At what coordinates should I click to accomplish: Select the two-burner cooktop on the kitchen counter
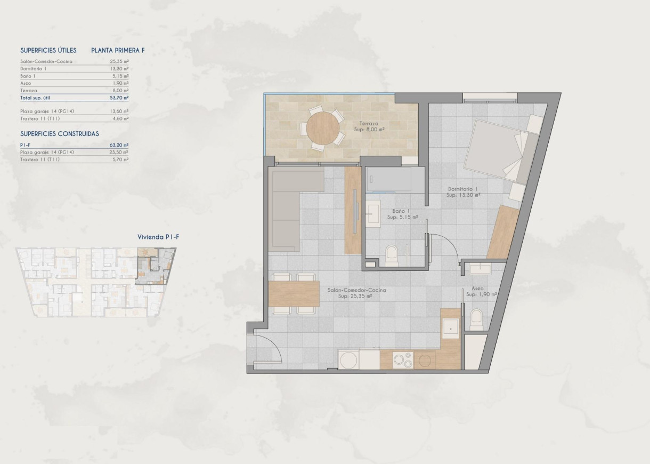402,361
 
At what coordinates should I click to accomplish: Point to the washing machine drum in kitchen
348,360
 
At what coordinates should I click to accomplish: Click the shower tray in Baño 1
388,180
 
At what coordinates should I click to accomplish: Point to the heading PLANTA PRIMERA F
118,51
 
